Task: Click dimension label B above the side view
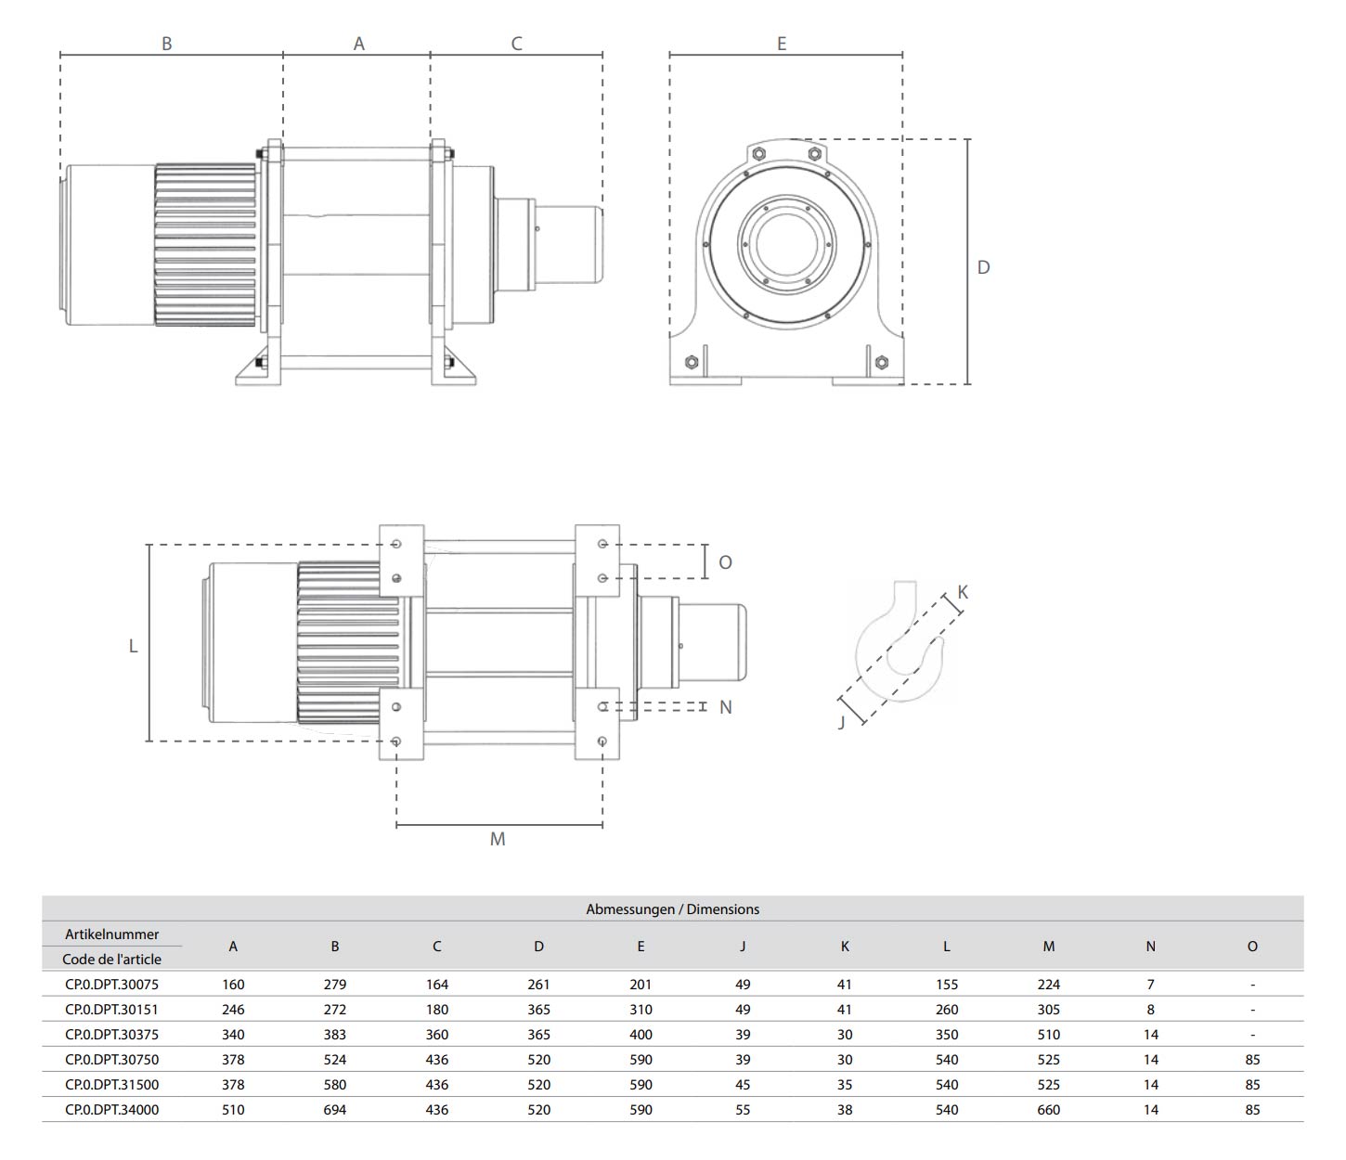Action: click(x=167, y=44)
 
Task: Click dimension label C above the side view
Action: click(x=517, y=44)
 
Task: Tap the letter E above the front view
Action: click(x=782, y=44)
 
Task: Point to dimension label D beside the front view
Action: click(x=984, y=267)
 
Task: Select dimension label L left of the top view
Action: click(x=133, y=646)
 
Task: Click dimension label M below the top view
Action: click(x=498, y=839)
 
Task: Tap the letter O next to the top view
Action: click(x=726, y=562)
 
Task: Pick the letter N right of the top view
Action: click(x=726, y=707)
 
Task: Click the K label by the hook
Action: click(x=963, y=592)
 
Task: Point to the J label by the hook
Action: click(x=842, y=722)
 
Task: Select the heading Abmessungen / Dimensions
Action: click(x=672, y=909)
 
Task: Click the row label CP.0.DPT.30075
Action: click(x=111, y=985)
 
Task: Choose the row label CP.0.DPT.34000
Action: click(x=111, y=1110)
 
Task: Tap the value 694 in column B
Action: click(x=335, y=1110)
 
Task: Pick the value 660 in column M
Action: click(x=1048, y=1110)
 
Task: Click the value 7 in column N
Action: click(x=1150, y=985)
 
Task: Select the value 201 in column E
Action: click(x=641, y=985)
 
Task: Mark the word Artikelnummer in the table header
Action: click(x=111, y=934)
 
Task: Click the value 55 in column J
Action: click(x=743, y=1110)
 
